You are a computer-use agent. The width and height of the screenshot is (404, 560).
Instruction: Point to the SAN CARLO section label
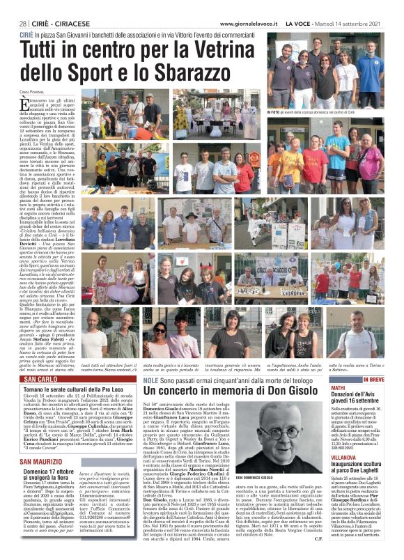[x=38, y=370]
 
